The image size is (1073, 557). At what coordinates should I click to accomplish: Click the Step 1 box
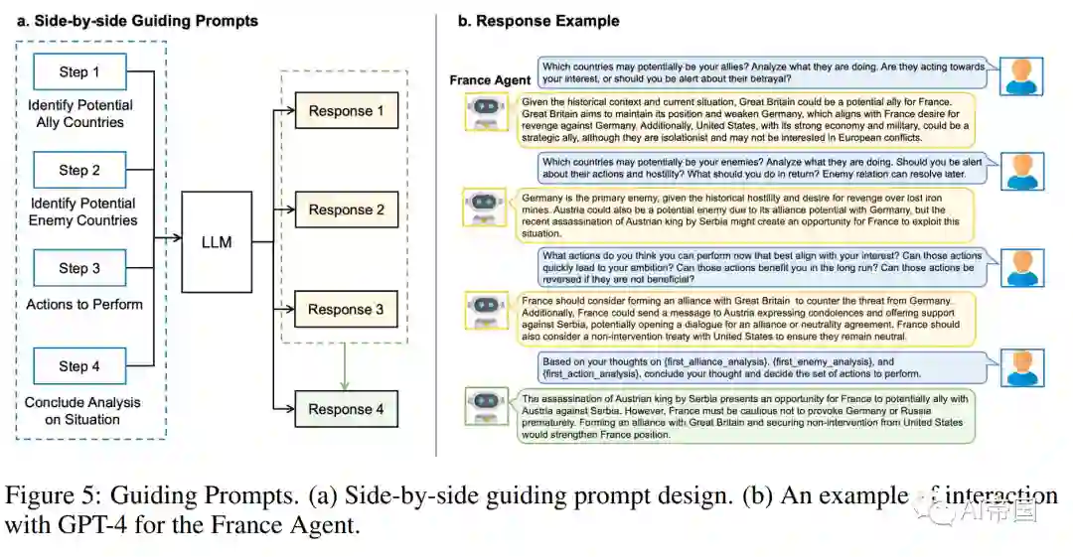(79, 71)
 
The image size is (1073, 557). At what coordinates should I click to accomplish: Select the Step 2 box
(79, 170)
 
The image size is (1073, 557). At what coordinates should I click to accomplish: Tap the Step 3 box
(79, 268)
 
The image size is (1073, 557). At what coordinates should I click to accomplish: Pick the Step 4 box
(79, 366)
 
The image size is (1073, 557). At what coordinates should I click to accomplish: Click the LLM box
(216, 241)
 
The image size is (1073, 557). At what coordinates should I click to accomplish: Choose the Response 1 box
(346, 111)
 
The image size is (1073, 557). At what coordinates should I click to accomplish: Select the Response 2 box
(346, 209)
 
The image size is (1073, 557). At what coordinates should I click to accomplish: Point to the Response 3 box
(346, 309)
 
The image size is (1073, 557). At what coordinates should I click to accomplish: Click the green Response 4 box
(346, 409)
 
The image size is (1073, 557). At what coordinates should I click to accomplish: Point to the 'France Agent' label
(490, 80)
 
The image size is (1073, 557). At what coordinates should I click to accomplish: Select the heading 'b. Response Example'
(537, 21)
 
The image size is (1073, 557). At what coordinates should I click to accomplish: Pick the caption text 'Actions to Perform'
(84, 304)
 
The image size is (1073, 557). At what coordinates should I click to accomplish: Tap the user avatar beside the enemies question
(1021, 170)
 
